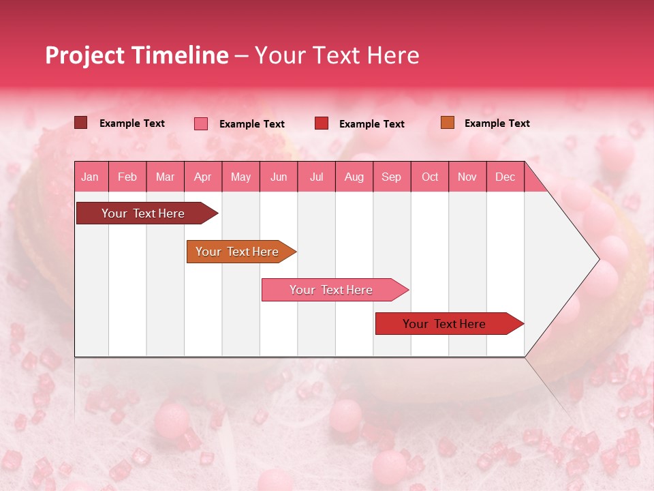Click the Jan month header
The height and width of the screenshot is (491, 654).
91,177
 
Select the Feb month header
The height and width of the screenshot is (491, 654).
127,177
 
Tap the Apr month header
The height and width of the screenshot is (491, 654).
203,177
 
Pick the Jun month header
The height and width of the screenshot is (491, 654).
279,177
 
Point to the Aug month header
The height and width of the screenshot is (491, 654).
354,177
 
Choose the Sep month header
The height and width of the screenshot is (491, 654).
392,177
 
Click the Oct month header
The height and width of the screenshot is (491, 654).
430,177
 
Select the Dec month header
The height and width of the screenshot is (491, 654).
505,177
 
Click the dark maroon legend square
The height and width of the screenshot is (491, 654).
81,123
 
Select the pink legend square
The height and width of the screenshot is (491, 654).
201,123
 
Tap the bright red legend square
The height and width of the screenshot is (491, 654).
322,123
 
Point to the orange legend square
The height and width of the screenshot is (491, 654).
448,123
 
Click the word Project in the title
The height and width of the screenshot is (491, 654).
84,55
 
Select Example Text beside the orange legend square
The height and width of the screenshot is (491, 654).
497,123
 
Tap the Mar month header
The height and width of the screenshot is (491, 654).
165,177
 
